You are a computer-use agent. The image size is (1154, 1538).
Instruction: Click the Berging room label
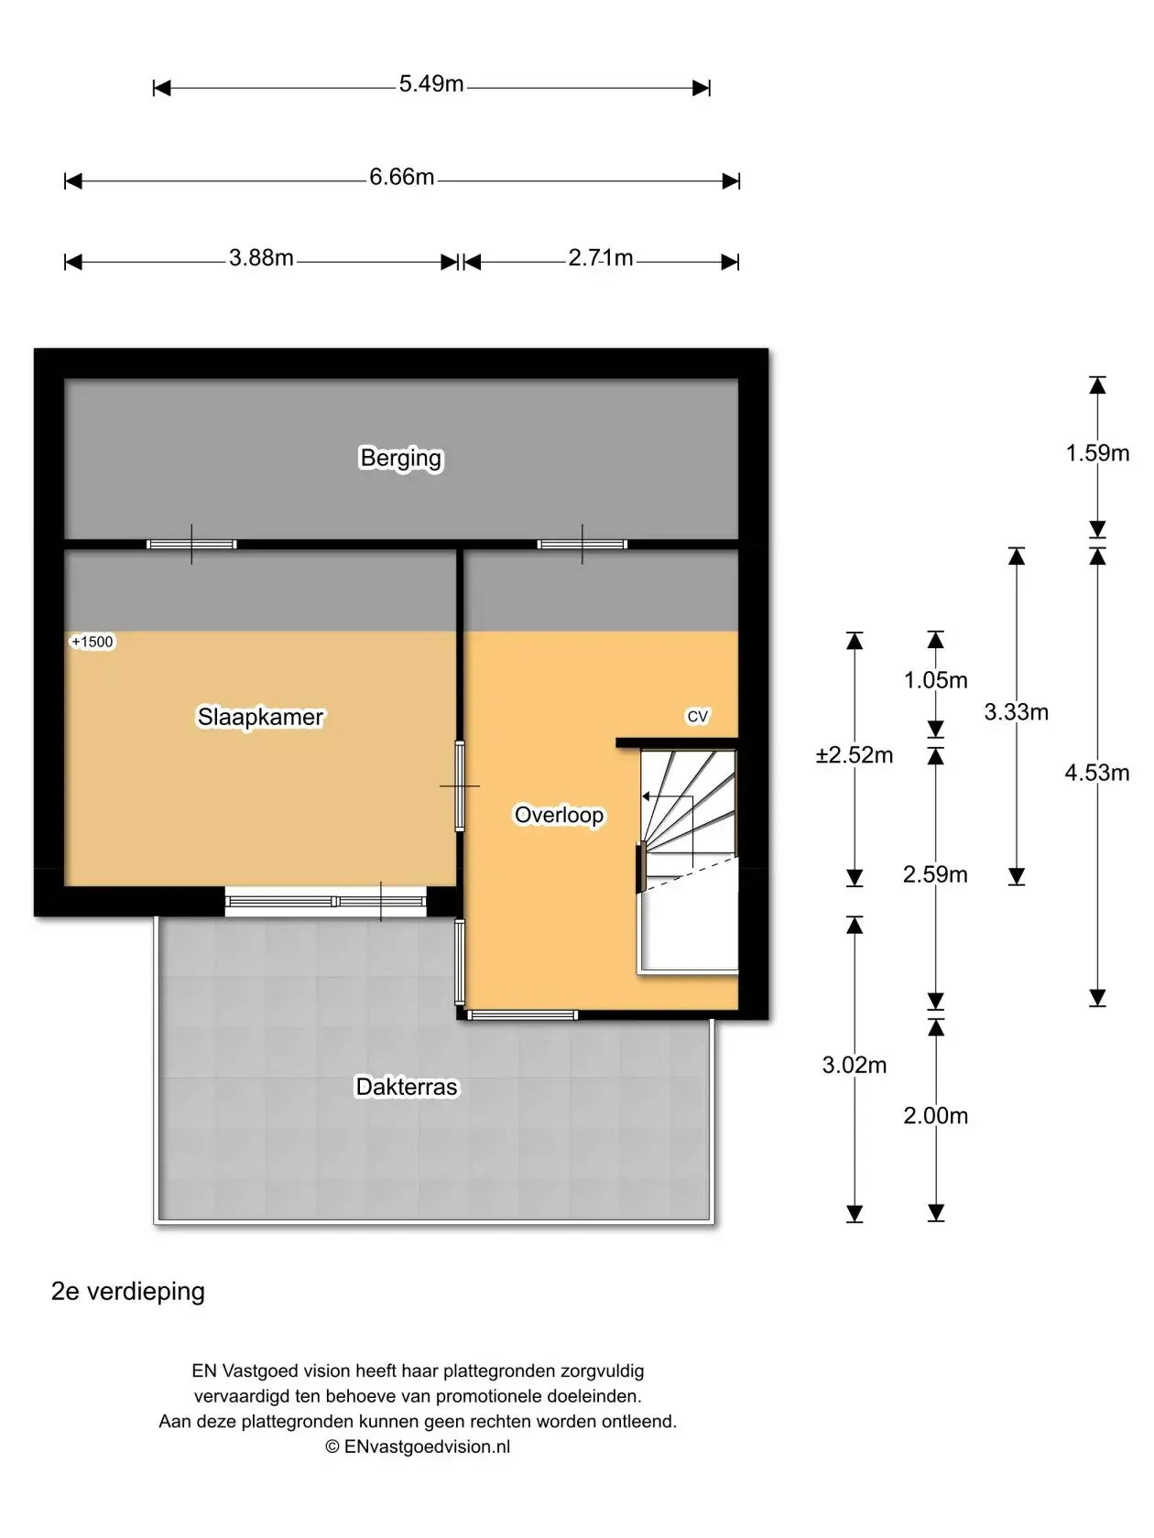click(400, 458)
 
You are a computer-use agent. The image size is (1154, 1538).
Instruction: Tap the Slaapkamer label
click(260, 717)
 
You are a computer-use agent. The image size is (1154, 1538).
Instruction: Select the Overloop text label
click(559, 815)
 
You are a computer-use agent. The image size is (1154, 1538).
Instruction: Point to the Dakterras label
click(407, 1087)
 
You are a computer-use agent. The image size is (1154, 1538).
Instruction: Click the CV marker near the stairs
click(697, 716)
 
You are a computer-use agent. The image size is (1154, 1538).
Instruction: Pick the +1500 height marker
click(92, 642)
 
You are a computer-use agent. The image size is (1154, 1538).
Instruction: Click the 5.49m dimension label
click(430, 84)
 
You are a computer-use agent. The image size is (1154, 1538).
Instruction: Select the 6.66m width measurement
click(401, 177)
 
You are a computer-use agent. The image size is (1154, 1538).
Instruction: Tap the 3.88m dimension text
click(261, 258)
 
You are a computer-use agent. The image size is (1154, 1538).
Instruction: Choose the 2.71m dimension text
click(601, 258)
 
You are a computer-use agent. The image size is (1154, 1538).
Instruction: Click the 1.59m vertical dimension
click(1097, 453)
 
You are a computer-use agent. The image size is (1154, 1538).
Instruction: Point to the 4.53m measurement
click(1096, 773)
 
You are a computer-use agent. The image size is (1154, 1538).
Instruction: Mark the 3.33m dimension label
click(1016, 712)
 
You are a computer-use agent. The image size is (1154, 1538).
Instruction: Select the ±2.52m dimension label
click(855, 754)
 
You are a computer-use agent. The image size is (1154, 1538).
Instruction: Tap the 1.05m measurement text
click(935, 679)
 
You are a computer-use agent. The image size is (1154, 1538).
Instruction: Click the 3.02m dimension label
click(855, 1065)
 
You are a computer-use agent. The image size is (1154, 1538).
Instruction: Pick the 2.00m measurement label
click(935, 1115)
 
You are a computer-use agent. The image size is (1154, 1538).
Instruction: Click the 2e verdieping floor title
click(127, 1292)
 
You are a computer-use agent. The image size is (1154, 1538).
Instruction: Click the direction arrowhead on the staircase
click(646, 796)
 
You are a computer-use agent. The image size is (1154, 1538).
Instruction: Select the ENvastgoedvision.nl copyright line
click(418, 1446)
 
